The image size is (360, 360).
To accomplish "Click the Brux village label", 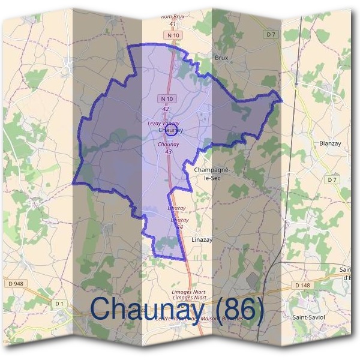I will click(221, 58).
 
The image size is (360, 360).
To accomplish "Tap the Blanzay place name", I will click(330, 143).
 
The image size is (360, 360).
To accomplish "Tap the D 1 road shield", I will click(59, 304).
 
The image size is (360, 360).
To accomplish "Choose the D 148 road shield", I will click(302, 285).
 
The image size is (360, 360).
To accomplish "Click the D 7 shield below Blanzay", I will click(333, 179).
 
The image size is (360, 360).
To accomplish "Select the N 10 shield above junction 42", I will click(166, 98).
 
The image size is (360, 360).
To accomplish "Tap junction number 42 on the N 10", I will click(166, 109).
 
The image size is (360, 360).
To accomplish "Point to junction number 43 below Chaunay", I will click(169, 152).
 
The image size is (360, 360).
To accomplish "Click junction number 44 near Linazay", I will click(178, 226).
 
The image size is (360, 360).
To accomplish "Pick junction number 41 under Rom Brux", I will click(173, 23).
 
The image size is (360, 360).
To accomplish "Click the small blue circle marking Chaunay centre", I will click(172, 130).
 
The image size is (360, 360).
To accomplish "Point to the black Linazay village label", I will click(202, 239).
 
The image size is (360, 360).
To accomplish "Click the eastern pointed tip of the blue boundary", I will click(281, 99).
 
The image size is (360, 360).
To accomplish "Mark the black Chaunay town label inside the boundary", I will click(170, 130).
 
